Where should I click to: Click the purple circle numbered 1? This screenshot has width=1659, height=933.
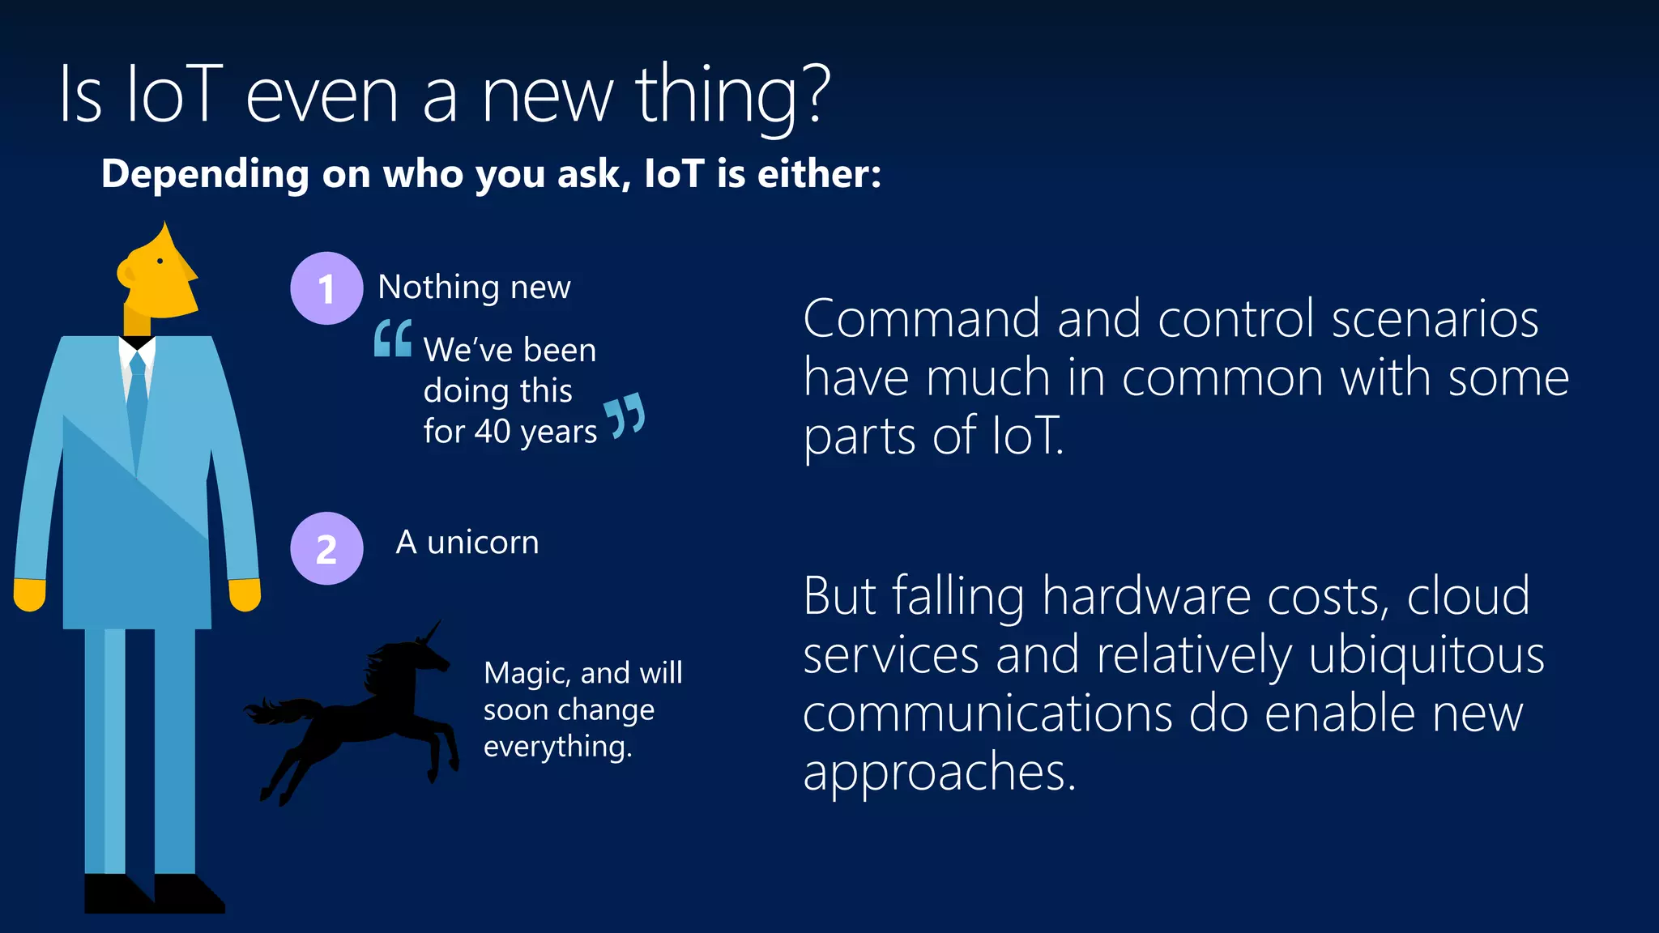(x=326, y=288)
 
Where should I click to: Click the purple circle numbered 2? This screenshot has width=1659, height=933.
(x=326, y=548)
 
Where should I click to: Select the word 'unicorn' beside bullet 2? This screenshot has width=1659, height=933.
(x=483, y=543)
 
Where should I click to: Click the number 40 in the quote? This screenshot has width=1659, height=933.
(x=493, y=431)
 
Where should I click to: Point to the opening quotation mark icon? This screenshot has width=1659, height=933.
(x=393, y=339)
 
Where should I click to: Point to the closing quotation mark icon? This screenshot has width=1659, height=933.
(x=625, y=415)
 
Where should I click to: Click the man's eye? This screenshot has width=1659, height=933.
(x=160, y=261)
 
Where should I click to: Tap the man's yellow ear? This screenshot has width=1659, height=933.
(x=126, y=273)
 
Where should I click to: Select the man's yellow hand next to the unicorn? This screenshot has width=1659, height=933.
(x=245, y=594)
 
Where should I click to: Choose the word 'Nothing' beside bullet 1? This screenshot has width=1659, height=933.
(x=438, y=288)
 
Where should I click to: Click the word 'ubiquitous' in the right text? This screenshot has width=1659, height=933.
(x=1426, y=655)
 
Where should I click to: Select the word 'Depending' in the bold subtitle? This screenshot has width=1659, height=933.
(x=205, y=175)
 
